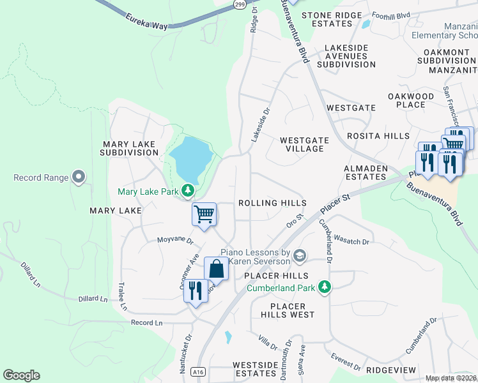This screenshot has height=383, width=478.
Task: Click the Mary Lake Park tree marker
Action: tap(188, 190)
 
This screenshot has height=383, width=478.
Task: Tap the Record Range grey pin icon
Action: tap(79, 176)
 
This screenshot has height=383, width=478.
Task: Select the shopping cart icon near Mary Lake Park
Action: tap(204, 214)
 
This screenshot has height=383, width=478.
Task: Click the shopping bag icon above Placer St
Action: tap(216, 269)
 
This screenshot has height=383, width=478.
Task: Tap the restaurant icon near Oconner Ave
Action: tap(196, 291)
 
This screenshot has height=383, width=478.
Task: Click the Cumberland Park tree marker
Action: tap(325, 287)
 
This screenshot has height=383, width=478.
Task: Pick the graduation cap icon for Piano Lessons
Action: tap(299, 257)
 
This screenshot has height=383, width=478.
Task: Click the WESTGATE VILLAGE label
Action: tap(304, 144)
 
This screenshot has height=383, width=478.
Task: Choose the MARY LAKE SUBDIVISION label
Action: tap(129, 149)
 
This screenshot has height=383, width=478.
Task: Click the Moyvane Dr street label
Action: tap(175, 240)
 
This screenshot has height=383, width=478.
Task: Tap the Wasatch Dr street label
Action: tap(351, 242)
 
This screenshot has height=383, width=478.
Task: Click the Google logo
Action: tap(21, 375)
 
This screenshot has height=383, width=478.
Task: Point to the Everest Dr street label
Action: tap(346, 362)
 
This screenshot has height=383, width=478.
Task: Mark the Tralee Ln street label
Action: tap(122, 298)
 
